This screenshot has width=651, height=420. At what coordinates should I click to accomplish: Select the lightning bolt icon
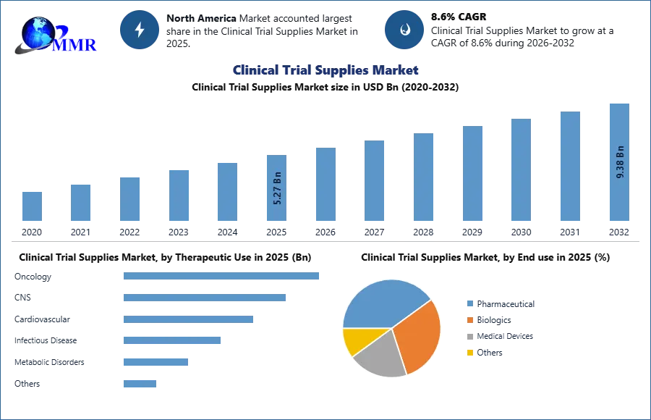point(140,29)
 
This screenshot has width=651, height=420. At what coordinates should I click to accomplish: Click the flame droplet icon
point(404,30)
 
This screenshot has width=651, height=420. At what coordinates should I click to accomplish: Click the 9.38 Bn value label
point(620,162)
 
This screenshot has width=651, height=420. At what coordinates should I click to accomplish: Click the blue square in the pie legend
point(469,302)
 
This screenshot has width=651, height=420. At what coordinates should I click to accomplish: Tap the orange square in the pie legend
point(469,319)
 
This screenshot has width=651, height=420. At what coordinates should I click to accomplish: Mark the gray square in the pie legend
point(469,336)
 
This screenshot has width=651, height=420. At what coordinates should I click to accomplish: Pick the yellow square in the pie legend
point(469,353)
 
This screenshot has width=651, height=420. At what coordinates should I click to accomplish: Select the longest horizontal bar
point(222,277)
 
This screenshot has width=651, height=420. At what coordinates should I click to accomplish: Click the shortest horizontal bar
point(139,382)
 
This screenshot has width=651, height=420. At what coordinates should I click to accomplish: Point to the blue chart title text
point(326,70)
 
